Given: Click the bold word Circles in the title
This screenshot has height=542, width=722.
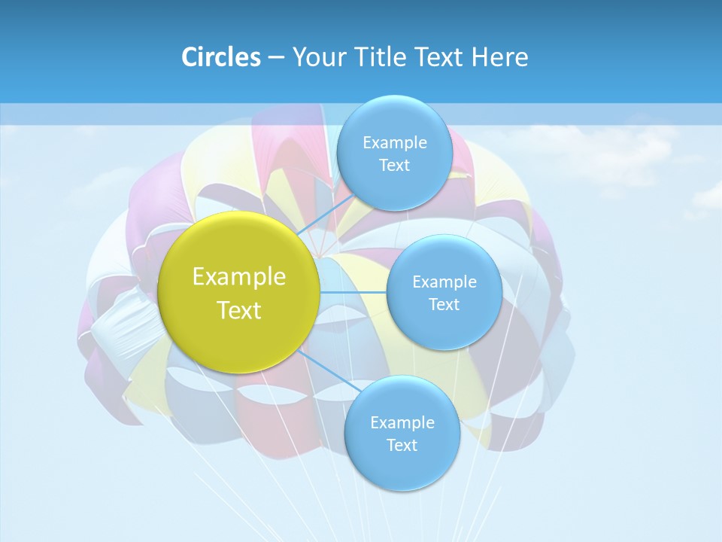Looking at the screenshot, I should coord(220,57).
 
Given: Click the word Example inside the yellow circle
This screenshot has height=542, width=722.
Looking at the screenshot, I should coord(239,277).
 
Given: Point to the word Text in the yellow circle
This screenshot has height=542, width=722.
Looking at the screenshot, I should coord(239,310).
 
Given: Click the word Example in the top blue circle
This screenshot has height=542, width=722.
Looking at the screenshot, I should coord(395,143).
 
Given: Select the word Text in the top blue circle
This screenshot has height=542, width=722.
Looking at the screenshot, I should coord(395,166).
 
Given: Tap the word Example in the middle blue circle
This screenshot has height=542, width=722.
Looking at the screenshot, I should coord(444,282).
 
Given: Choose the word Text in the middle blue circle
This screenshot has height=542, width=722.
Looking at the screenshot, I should coord(444,305).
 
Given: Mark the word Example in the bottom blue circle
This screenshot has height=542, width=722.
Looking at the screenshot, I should coord(402,423).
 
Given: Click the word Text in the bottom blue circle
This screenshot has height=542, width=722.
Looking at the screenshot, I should coord(402,446).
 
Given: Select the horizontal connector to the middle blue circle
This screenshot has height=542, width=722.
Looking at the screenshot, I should coord(353,292).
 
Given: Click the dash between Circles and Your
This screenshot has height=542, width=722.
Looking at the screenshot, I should coord(276,58).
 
